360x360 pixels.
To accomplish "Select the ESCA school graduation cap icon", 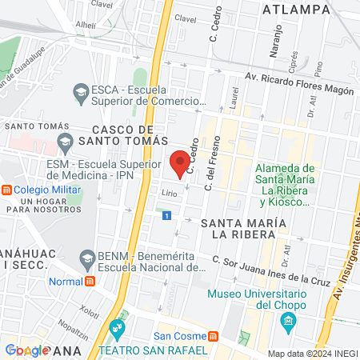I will point(81,94).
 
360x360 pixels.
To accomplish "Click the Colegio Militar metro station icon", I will point(6,190).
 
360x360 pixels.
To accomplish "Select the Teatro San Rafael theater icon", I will point(118,328).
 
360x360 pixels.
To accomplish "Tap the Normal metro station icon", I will point(89,281).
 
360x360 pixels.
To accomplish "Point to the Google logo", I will point(27,350).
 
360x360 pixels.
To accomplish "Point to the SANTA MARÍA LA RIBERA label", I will point(238,227).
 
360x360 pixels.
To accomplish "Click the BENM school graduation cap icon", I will point(87,258).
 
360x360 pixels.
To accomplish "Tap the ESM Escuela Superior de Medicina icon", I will point(65,145).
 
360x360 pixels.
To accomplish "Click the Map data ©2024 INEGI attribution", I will point(313,354).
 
